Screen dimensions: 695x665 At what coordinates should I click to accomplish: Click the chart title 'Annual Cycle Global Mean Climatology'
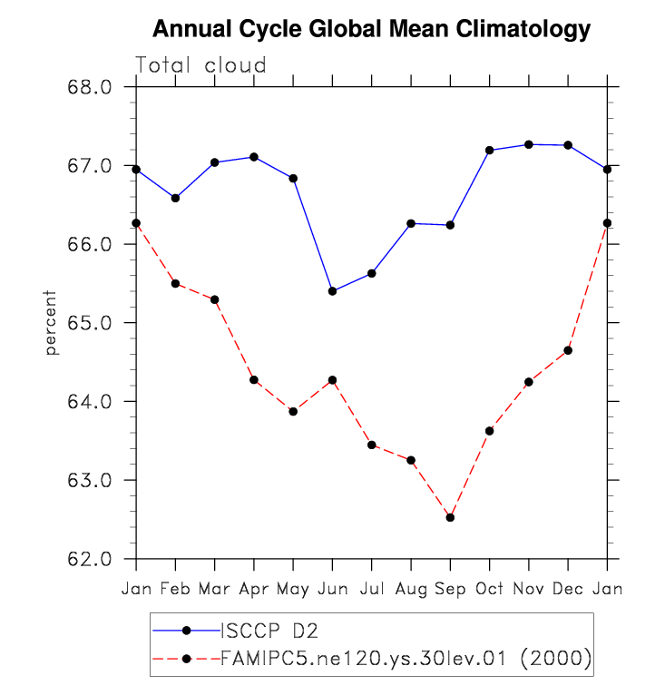pos(371,30)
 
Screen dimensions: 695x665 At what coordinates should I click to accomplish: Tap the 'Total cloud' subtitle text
pos(200,65)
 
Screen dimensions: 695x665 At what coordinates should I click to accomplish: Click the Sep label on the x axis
pos(450,590)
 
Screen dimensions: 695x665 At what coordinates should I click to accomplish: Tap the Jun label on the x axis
pos(332,590)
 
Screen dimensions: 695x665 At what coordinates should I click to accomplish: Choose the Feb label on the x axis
pos(175,590)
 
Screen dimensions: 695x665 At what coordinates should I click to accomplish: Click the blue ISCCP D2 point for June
pos(332,291)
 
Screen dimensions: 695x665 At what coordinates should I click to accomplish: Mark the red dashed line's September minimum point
pos(450,517)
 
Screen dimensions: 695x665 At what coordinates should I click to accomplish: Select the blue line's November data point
pos(529,144)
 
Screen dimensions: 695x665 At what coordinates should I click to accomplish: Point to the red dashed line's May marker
pos(293,412)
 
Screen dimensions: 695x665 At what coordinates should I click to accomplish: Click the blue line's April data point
pos(254,157)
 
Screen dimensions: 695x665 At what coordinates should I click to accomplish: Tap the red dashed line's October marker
pos(490,431)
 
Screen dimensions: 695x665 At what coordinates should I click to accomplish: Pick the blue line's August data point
pos(411,223)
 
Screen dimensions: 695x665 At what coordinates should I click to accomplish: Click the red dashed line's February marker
pos(175,284)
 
